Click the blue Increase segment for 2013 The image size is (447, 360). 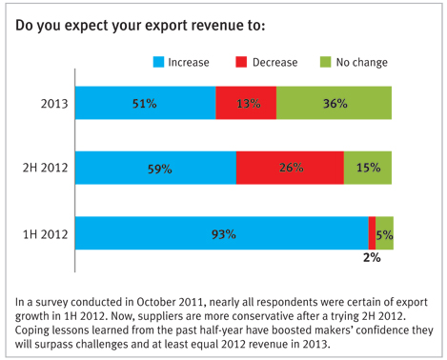point(146,103)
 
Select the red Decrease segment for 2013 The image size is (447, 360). point(246,103)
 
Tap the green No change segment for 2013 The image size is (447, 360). point(334,103)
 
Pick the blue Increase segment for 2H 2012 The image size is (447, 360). point(155,168)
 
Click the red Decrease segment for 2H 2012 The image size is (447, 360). point(290,168)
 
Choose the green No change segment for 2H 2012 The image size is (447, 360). point(368,168)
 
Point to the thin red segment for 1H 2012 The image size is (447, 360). point(372,233)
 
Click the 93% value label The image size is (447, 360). point(224,234)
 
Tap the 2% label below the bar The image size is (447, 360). point(372,257)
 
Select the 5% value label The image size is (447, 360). point(385,235)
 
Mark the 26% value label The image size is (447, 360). point(292,168)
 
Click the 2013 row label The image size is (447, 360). point(54,104)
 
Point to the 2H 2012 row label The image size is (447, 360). point(46,168)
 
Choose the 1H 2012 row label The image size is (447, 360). point(46,234)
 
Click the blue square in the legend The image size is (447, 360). point(158,62)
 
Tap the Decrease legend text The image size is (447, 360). point(275,62)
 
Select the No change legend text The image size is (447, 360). point(362,63)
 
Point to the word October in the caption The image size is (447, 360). point(155,302)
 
